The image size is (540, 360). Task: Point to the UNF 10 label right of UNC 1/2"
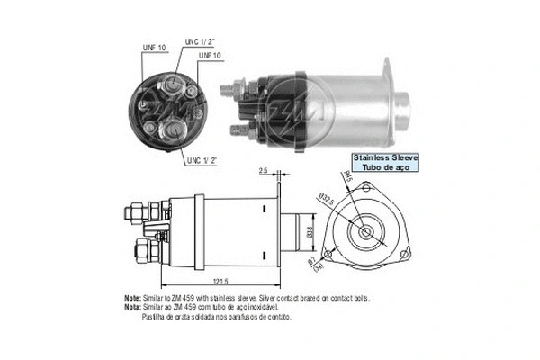(x=211, y=57)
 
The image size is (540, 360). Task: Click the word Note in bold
(x=132, y=297)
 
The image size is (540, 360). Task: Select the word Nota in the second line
(x=132, y=307)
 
